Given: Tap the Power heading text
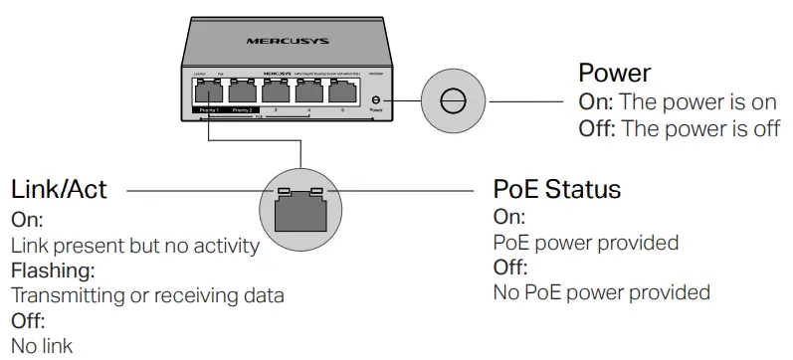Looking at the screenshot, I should tap(614, 74).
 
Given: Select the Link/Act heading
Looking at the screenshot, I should tap(59, 189).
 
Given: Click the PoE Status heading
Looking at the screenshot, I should tap(556, 189).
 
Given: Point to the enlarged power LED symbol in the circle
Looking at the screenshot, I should tap(453, 101).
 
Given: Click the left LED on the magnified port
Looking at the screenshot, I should tap(284, 191).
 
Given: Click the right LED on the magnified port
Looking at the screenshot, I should tap(316, 191).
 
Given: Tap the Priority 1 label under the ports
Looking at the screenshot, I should tap(210, 109).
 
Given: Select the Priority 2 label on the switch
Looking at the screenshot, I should tap(243, 109).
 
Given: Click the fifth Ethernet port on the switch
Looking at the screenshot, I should tap(342, 92).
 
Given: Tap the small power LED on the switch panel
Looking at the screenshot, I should tap(375, 100).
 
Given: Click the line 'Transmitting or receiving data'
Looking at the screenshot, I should tap(147, 295).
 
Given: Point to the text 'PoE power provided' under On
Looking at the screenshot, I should tap(586, 243).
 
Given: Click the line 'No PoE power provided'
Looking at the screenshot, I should tap(602, 292).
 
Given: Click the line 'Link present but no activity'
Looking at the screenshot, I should tap(135, 245).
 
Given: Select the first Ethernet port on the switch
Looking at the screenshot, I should tap(210, 92).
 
